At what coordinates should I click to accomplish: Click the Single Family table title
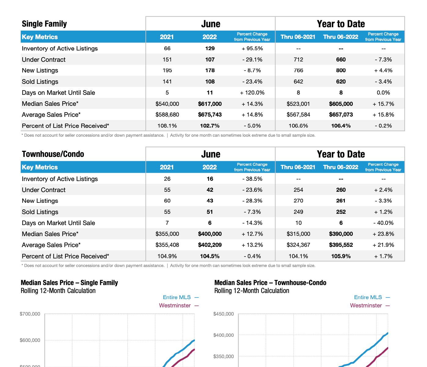(44, 24)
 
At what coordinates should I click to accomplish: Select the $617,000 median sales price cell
(210, 104)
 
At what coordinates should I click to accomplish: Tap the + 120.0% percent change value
(252, 93)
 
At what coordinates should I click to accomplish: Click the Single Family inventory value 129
(210, 48)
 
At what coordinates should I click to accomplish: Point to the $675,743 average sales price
(210, 115)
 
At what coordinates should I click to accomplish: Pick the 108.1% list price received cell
(167, 126)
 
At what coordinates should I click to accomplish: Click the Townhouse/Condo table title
(53, 154)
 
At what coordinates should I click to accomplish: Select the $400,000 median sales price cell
(210, 234)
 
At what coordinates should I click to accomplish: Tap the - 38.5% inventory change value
(252, 179)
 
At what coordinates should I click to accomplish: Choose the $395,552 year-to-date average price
(341, 245)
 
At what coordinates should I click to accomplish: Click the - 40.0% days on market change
(383, 223)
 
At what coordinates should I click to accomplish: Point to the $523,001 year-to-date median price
(298, 104)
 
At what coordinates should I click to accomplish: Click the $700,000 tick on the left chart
(30, 314)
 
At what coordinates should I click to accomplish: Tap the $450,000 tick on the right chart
(224, 314)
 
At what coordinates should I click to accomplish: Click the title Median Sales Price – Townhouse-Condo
(270, 283)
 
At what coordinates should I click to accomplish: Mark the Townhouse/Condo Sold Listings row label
(40, 212)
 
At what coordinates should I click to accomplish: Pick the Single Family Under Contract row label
(44, 60)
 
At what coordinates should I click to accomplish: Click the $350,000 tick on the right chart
(224, 357)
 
